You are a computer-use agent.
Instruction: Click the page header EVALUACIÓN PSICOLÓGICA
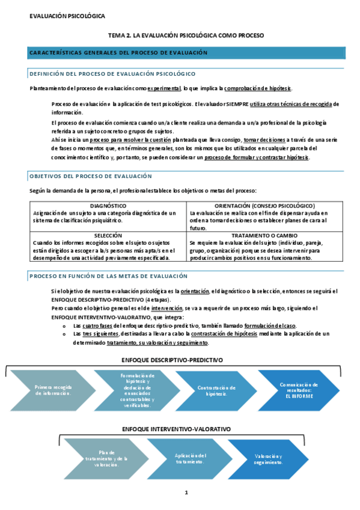pyautogui.click(x=67, y=14)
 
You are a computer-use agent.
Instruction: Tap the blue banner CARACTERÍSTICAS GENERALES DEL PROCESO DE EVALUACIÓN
pyautogui.click(x=118, y=53)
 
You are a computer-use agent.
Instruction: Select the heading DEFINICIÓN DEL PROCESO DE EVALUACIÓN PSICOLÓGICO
pyautogui.click(x=112, y=74)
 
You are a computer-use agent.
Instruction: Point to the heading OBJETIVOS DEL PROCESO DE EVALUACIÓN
pyautogui.click(x=91, y=176)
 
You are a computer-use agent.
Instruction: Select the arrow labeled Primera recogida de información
pyautogui.click(x=53, y=390)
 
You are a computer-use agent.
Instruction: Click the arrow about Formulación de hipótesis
pyautogui.click(x=135, y=390)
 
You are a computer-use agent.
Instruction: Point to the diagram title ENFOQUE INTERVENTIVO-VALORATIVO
pyautogui.click(x=176, y=429)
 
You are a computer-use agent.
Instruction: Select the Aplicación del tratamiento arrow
pyautogui.click(x=191, y=459)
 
